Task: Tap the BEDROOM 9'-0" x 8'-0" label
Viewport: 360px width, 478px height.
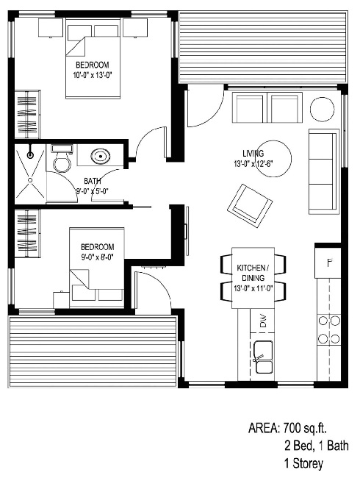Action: coord(97,252)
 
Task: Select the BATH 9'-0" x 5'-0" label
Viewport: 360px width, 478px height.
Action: coord(93,186)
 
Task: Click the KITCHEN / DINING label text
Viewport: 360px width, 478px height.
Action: coord(253,271)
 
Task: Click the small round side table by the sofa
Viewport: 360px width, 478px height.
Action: coord(322,110)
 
